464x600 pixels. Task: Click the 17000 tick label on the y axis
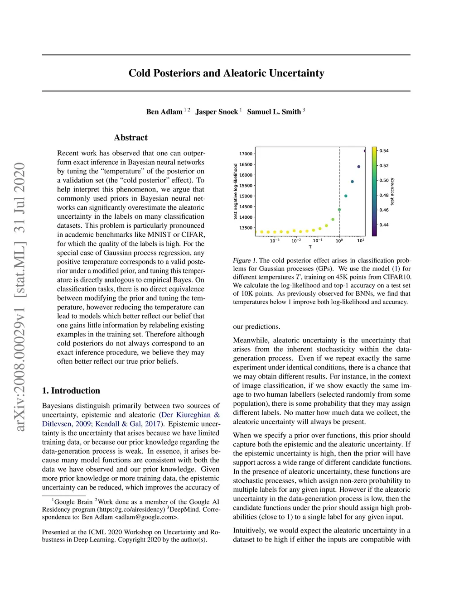[246, 154]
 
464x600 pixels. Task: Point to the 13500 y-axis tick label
[246, 228]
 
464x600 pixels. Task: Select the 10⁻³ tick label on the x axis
[275, 240]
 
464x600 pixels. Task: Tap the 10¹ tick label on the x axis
[361, 240]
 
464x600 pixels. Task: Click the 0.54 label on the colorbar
[384, 151]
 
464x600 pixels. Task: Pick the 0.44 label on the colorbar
[384, 225]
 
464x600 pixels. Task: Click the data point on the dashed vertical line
[339, 210]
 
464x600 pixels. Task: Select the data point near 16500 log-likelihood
[359, 167]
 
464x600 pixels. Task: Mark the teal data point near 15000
[346, 196]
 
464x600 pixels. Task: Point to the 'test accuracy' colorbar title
[392, 192]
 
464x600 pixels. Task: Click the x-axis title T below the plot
[310, 247]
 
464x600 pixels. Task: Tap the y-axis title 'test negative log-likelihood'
[236, 192]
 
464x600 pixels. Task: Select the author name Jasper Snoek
[217, 112]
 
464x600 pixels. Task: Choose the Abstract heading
[130, 138]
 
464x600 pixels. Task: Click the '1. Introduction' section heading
[71, 391]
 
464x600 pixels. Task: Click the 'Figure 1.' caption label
[245, 260]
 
